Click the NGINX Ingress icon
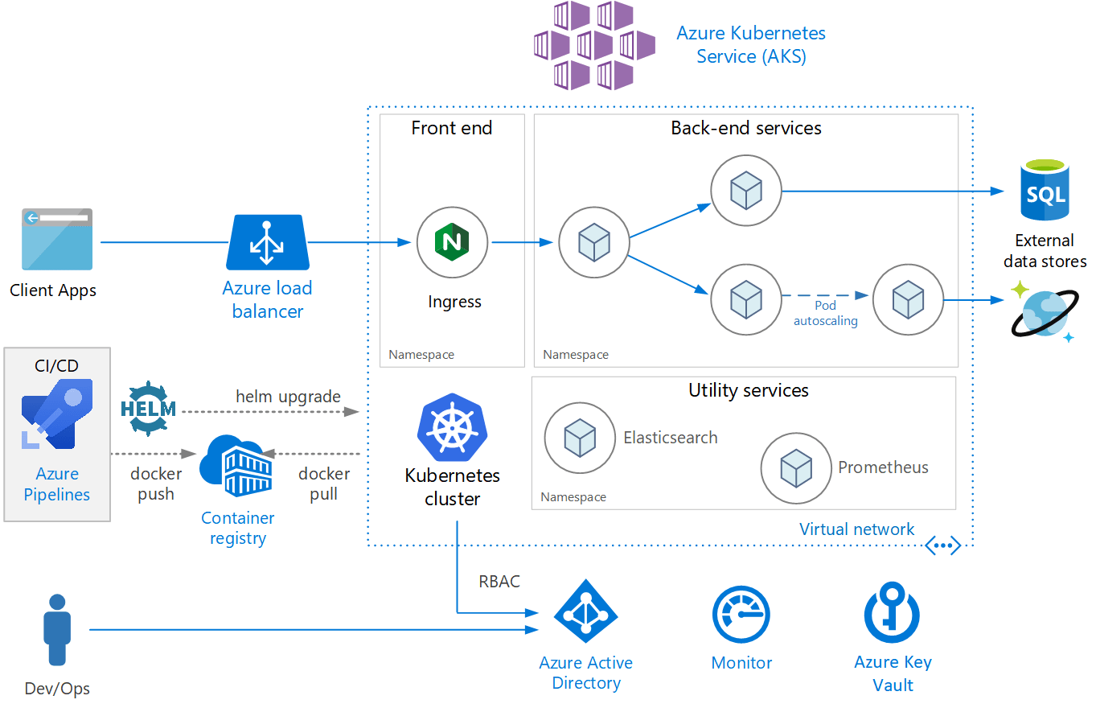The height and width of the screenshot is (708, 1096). (x=451, y=242)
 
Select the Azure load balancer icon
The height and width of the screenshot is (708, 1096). (x=268, y=242)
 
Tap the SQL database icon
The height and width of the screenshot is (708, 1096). (x=1044, y=191)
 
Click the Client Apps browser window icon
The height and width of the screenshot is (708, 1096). (x=57, y=239)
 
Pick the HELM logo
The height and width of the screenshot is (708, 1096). (x=148, y=408)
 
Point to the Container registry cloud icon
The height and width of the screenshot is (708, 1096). (x=237, y=467)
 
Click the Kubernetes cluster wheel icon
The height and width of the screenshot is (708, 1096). (x=452, y=427)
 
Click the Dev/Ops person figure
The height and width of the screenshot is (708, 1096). (x=57, y=630)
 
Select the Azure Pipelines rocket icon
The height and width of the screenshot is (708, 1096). (x=57, y=414)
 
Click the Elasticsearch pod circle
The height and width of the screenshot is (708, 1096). (x=579, y=438)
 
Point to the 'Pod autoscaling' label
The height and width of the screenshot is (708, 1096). (x=826, y=313)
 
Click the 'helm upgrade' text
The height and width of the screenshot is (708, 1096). (x=288, y=396)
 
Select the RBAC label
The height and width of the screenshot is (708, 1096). (x=499, y=581)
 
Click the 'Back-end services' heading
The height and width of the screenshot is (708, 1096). (x=746, y=128)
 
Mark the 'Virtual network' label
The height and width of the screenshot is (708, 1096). (x=856, y=529)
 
